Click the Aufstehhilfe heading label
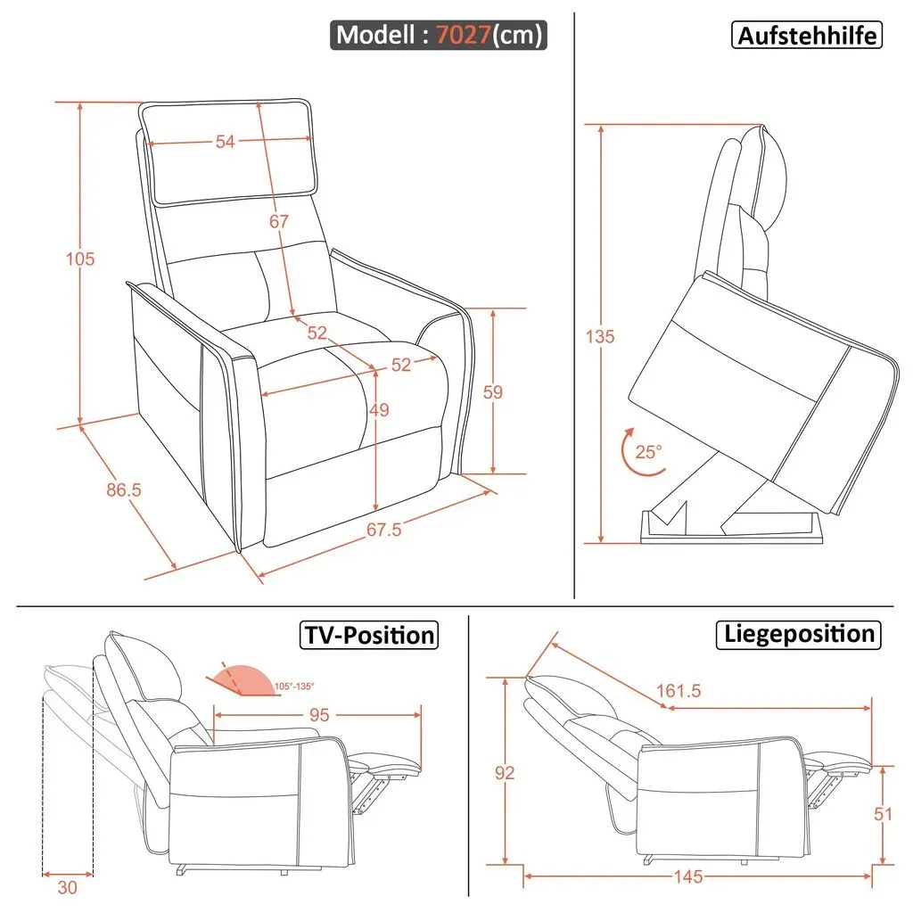click(806, 35)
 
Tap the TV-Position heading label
click(369, 635)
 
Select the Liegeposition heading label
click(798, 634)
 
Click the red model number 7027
click(463, 35)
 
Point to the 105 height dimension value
click(79, 259)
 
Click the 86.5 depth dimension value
click(123, 489)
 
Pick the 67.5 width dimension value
click(383, 530)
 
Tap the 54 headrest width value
click(226, 142)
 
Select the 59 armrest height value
click(492, 392)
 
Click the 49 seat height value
click(378, 410)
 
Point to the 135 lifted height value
click(600, 336)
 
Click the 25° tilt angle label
click(648, 452)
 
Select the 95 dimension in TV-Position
click(319, 714)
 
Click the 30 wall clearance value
click(68, 887)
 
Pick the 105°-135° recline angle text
click(294, 687)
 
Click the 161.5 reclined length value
click(679, 691)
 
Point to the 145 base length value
click(688, 876)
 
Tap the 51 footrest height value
click(883, 814)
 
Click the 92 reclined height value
click(505, 773)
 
